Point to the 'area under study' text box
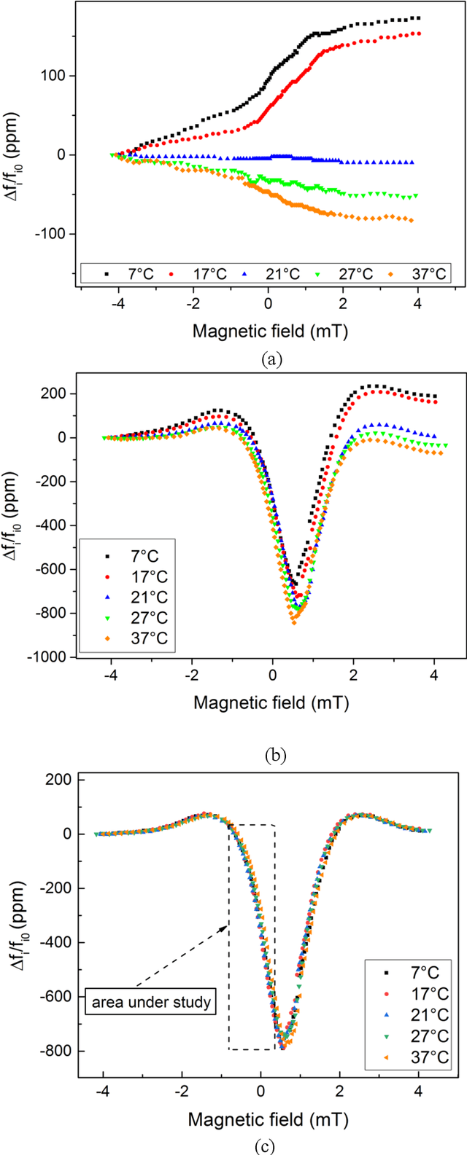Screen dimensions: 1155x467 pyautogui.click(x=152, y=1003)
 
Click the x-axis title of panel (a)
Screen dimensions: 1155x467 pyautogui.click(x=269, y=332)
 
